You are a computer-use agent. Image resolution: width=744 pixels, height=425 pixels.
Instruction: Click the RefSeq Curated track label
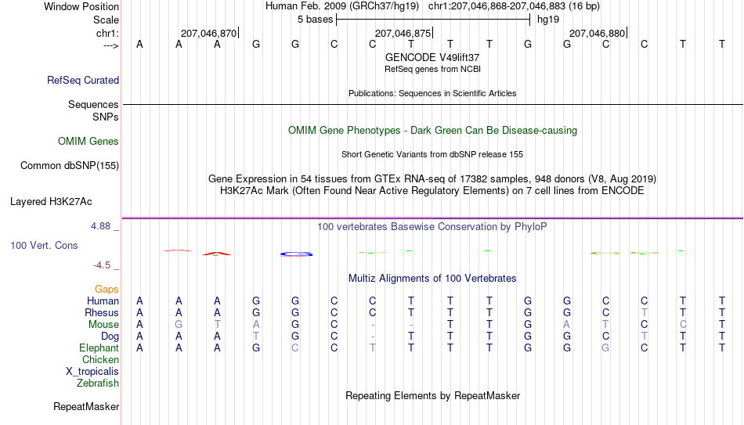(83, 80)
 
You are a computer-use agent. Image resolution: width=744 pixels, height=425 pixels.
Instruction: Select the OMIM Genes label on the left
(88, 142)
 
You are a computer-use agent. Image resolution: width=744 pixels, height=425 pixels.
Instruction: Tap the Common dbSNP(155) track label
(70, 166)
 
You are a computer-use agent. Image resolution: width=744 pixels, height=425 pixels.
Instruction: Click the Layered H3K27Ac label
(51, 202)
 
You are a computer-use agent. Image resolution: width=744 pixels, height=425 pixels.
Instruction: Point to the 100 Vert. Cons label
(44, 245)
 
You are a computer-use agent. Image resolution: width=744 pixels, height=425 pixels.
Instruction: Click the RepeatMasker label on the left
(86, 406)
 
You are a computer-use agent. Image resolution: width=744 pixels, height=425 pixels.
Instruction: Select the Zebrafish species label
(98, 383)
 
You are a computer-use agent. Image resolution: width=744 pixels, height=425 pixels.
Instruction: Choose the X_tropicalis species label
(92, 372)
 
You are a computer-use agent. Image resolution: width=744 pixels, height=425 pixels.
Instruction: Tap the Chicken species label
(100, 359)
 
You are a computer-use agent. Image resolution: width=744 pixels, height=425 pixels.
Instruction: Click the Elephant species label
(99, 348)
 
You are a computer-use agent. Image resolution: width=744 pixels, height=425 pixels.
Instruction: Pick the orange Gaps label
(107, 289)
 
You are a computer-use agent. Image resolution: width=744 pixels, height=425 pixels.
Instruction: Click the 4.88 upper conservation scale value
(100, 226)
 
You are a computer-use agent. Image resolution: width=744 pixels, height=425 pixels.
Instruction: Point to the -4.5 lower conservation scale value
(102, 265)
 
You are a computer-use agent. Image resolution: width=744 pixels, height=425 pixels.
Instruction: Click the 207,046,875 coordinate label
(403, 33)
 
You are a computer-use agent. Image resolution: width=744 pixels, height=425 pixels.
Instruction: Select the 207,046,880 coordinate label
(597, 33)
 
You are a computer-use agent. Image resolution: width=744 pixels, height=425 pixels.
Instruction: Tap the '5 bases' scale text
(315, 20)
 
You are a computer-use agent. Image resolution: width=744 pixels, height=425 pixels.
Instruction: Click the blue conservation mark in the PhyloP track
(297, 254)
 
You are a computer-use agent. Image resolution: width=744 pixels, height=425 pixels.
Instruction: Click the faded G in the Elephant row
(605, 348)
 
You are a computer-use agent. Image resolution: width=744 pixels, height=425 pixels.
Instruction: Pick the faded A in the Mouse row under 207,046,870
(256, 325)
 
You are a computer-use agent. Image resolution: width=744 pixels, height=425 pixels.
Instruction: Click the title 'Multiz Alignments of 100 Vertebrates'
(432, 278)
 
